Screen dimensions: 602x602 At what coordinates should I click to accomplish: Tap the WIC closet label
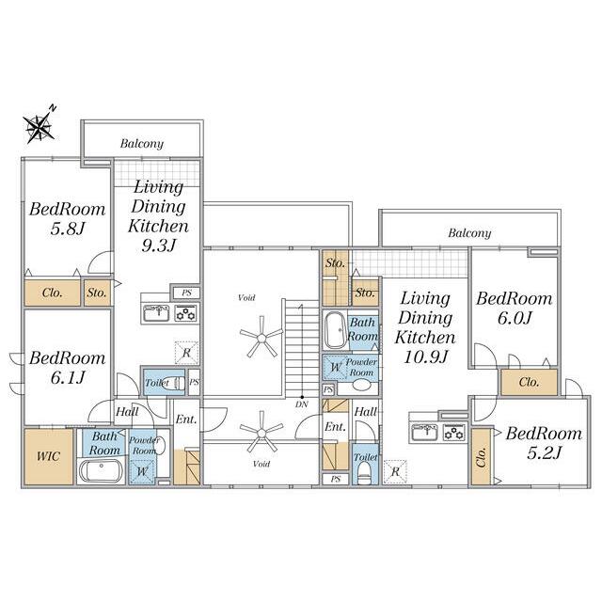click(x=48, y=456)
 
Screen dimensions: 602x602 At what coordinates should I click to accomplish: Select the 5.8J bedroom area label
click(x=68, y=230)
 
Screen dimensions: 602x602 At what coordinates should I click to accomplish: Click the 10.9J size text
click(x=425, y=357)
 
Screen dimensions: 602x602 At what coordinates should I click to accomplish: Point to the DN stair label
click(x=302, y=404)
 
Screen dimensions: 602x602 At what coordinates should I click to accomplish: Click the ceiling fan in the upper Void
click(x=261, y=337)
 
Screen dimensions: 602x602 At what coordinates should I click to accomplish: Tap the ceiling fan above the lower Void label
click(x=261, y=432)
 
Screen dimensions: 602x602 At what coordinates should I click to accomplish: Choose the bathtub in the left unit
click(x=101, y=471)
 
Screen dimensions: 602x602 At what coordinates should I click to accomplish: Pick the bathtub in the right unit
click(x=335, y=330)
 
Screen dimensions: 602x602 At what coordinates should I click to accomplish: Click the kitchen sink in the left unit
click(x=155, y=313)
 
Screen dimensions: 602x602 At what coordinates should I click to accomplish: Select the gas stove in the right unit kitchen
click(x=454, y=433)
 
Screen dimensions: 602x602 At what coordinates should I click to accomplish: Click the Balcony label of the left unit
click(x=142, y=144)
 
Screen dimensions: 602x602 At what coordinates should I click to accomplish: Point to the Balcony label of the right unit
click(x=469, y=233)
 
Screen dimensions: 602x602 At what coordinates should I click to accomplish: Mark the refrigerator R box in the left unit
click(x=186, y=353)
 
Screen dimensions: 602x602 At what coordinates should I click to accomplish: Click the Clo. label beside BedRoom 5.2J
click(x=481, y=457)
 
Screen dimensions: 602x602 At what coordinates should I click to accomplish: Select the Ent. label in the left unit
click(x=186, y=420)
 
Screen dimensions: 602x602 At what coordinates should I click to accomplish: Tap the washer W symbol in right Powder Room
click(x=335, y=368)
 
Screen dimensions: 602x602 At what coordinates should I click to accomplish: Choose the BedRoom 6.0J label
click(x=515, y=309)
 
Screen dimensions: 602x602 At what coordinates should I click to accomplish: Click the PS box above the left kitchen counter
click(x=186, y=293)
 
